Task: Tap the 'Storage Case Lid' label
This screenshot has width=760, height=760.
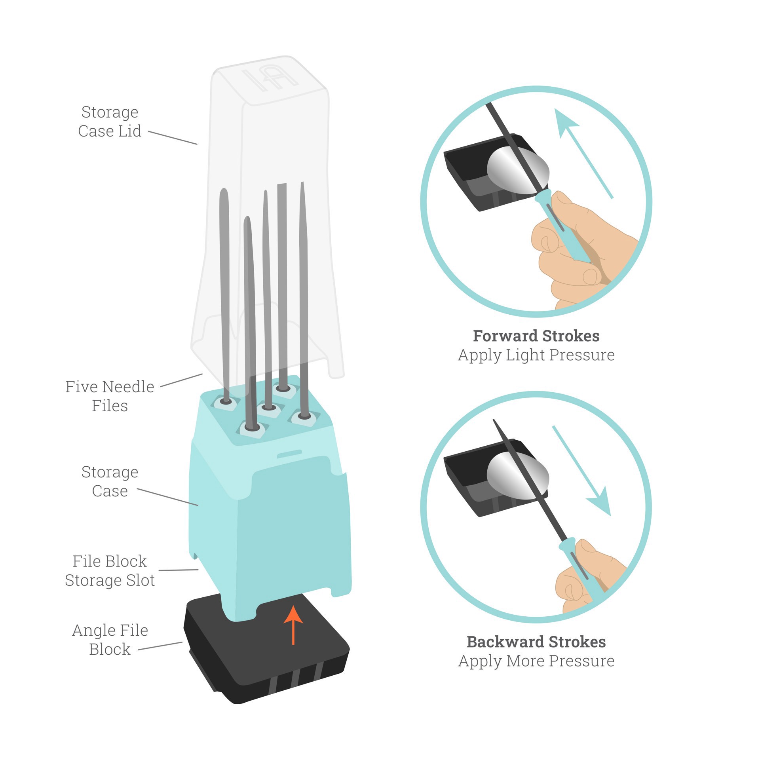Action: coord(110,122)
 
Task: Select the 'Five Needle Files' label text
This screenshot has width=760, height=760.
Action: coord(110,396)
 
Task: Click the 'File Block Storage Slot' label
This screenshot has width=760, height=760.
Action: coord(110,571)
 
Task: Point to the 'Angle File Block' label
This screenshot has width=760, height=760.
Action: coord(110,640)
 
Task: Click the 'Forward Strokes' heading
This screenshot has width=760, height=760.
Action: coord(536,336)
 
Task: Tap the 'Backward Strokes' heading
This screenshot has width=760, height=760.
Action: coord(536,642)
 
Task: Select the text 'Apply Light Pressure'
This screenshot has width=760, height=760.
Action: coord(536,355)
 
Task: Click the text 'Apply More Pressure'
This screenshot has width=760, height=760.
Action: coord(536,661)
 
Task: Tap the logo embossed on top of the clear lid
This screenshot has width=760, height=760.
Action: coord(270,79)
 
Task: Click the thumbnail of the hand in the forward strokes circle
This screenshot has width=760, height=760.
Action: coord(562,197)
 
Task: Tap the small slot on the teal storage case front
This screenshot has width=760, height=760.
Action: coord(289,454)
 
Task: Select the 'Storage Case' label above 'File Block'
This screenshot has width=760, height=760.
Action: coord(110,481)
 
